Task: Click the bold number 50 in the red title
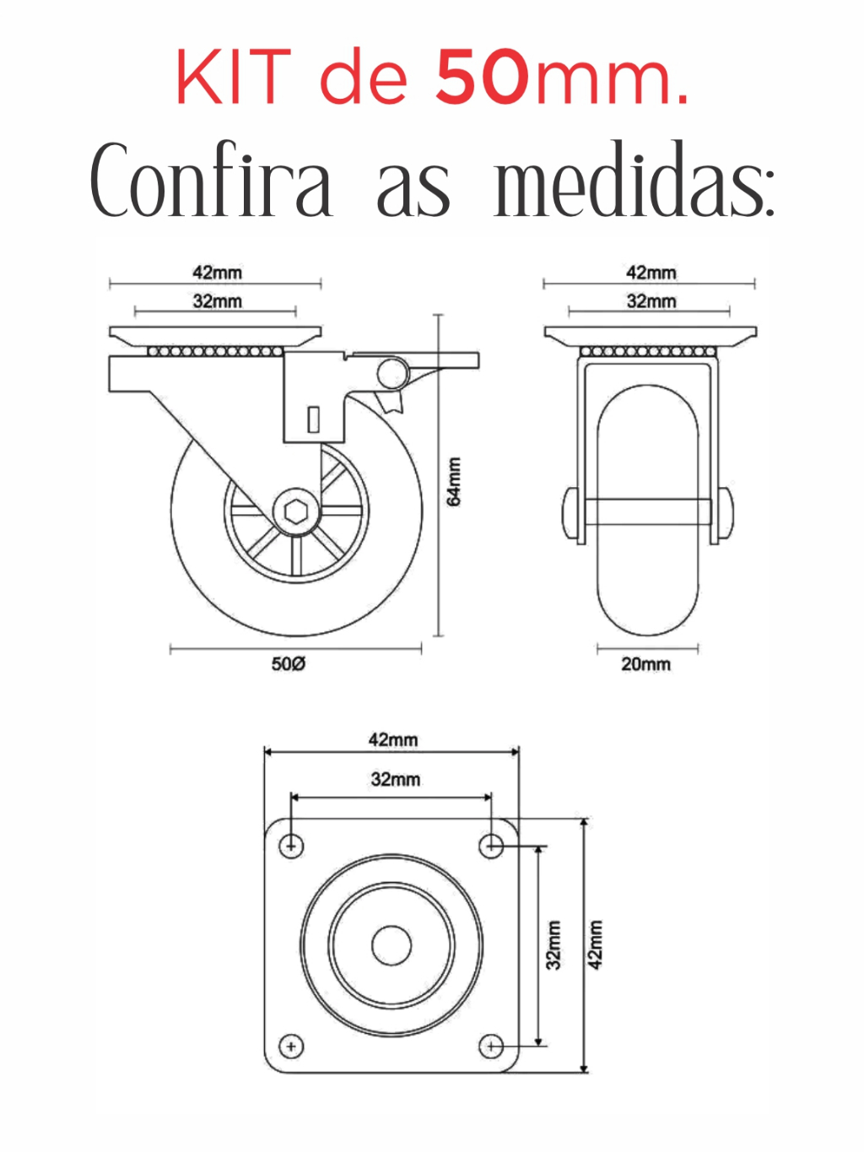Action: (x=482, y=77)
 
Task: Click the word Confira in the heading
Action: (x=212, y=179)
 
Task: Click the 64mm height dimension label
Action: (x=454, y=481)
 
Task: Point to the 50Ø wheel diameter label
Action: (x=288, y=663)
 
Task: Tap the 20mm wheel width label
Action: (x=645, y=664)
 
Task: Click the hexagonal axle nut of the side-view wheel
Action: (x=296, y=511)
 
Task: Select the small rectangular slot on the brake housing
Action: (x=313, y=419)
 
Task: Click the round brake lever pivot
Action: (x=391, y=373)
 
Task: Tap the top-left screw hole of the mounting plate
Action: (x=291, y=846)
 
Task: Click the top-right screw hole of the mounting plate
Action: (x=491, y=846)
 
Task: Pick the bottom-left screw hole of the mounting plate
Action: (x=291, y=1047)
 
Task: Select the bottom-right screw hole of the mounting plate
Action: (x=491, y=1047)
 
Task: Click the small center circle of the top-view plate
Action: (x=391, y=945)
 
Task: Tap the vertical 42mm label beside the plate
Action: (x=596, y=944)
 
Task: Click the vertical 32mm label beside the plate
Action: (x=554, y=944)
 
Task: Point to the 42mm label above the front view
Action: (x=651, y=273)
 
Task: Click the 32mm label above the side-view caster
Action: (x=217, y=301)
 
